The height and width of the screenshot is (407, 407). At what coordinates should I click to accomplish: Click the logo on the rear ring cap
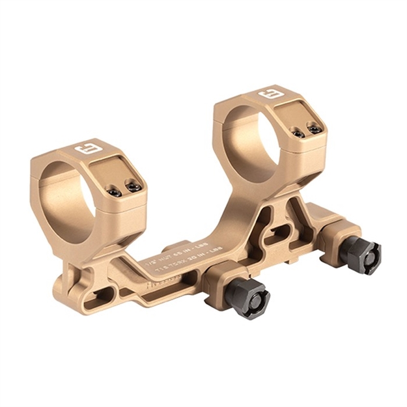[x=268, y=96]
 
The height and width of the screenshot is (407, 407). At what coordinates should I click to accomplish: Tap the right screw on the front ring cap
[x=134, y=188]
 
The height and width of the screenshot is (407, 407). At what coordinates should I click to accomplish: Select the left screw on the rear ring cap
[x=298, y=133]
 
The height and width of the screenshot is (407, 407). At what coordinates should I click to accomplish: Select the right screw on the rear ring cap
[x=315, y=129]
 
